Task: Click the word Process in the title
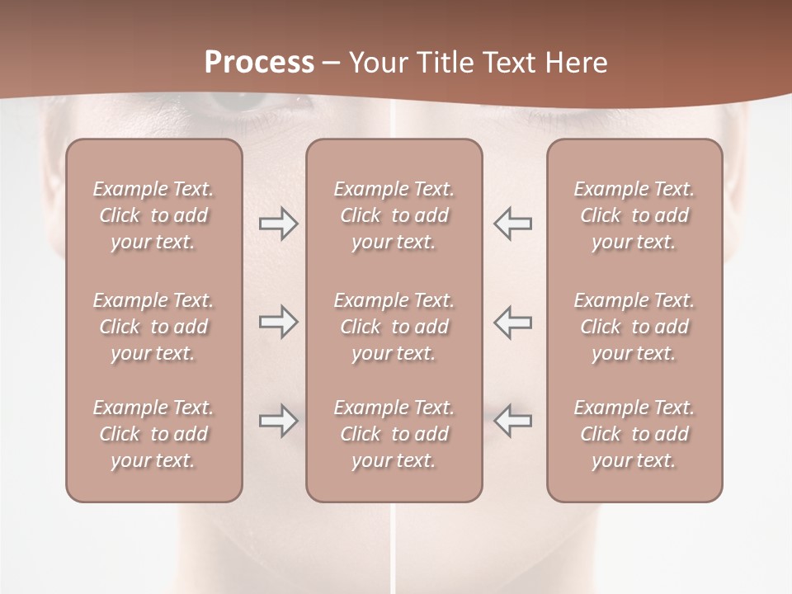(x=259, y=63)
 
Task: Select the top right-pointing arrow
(x=278, y=224)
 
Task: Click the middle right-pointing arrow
(x=278, y=322)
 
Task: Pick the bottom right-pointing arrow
(x=278, y=421)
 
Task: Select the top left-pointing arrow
(x=512, y=224)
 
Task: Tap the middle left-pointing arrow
(x=512, y=322)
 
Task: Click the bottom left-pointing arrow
(x=512, y=421)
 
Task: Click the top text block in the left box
(x=153, y=215)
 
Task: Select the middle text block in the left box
(x=153, y=327)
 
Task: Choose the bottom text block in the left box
(x=153, y=434)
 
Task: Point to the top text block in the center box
(x=394, y=215)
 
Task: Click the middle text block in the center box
(x=394, y=327)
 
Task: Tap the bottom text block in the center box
(x=394, y=434)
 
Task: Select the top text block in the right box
(x=634, y=215)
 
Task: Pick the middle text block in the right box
(x=634, y=327)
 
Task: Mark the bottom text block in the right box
(x=634, y=434)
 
